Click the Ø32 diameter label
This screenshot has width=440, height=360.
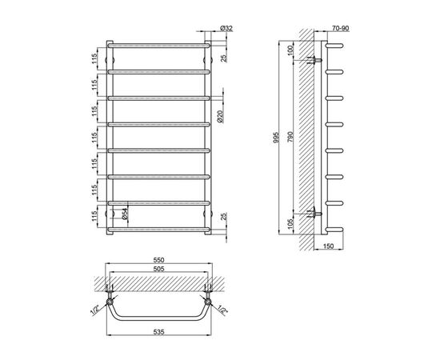(226, 28)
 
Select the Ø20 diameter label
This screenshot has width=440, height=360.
(220, 116)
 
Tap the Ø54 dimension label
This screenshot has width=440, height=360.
(125, 214)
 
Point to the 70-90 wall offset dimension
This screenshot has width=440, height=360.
(340, 28)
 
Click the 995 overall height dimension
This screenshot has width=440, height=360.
(276, 138)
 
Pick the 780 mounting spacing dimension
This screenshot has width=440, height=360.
(290, 137)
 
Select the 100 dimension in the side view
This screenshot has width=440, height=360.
(290, 50)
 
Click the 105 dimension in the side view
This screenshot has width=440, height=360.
(290, 224)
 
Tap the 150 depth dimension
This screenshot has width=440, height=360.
(329, 246)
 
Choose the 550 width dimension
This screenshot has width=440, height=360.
(158, 260)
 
